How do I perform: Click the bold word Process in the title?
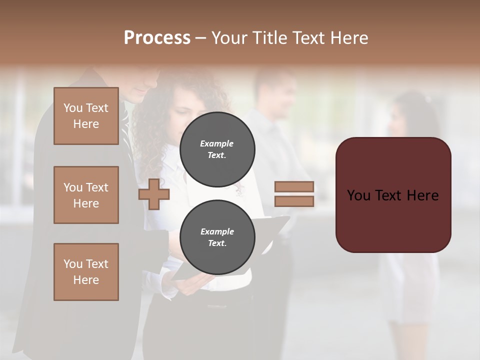[x=157, y=38]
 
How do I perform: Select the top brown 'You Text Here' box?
[x=86, y=116]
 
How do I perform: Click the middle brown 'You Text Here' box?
[x=86, y=195]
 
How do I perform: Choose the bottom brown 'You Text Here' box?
[x=86, y=272]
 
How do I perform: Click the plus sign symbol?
[x=153, y=194]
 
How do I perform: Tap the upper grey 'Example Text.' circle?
[x=217, y=149]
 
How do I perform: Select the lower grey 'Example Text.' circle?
[x=217, y=237]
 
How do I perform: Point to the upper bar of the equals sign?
[x=294, y=187]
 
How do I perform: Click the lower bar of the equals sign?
[x=294, y=201]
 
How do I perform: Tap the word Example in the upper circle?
[x=216, y=143]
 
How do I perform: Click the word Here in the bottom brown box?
[x=86, y=280]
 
